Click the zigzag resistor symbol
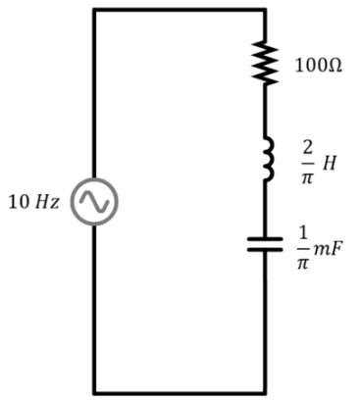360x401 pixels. (265, 62)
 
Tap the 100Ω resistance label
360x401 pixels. (319, 66)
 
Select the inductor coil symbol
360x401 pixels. (268, 159)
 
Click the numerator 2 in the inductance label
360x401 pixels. (308, 148)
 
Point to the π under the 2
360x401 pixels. (307, 177)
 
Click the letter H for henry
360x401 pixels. (329, 163)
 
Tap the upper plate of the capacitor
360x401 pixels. (265, 239)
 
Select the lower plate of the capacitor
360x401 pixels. (265, 250)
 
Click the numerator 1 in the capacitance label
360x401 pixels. (303, 232)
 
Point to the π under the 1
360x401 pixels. (303, 263)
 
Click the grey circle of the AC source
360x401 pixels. (94, 179)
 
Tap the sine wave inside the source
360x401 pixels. (94, 202)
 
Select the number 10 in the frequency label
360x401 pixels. (20, 202)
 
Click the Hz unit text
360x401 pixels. (47, 202)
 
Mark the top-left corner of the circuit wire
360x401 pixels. (94, 11)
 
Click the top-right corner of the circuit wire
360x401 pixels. (265, 11)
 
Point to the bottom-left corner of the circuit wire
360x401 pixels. (94, 392)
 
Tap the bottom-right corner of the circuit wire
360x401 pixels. (265, 392)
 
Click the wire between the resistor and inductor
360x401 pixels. (265, 111)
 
